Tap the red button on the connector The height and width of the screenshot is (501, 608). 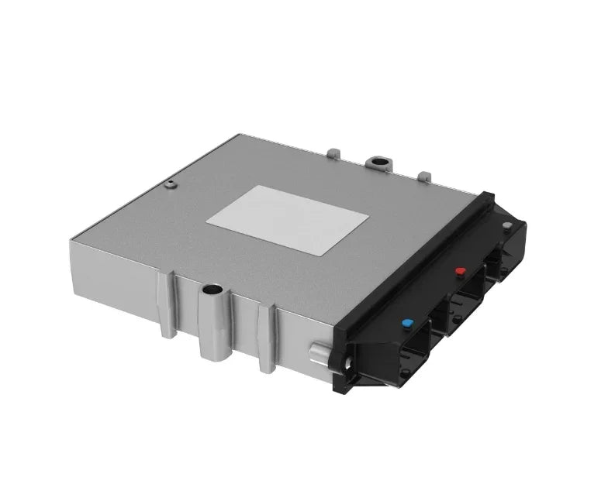(x=460, y=272)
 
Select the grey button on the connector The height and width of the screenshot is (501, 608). (x=506, y=226)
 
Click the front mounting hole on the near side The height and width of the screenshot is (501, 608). (x=211, y=292)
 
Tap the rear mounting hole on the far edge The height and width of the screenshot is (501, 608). (x=380, y=163)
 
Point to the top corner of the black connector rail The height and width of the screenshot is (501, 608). (x=489, y=195)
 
